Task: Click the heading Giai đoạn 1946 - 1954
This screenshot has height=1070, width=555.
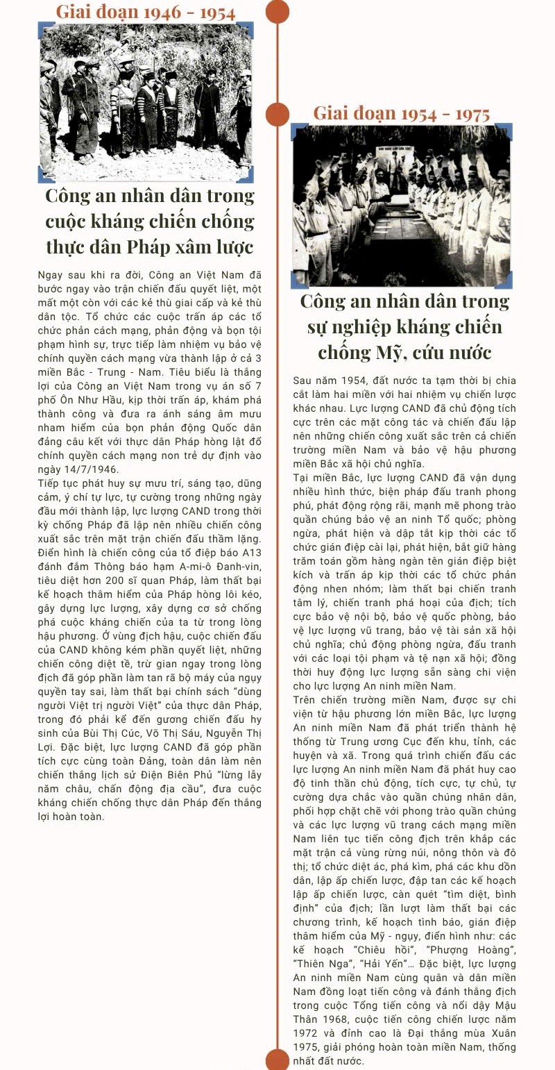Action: pyautogui.click(x=146, y=12)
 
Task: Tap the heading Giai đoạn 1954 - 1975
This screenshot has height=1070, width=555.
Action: pyautogui.click(x=402, y=113)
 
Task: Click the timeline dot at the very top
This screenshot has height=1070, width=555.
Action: pyautogui.click(x=277, y=10)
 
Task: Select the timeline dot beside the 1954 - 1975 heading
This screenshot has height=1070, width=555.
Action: pyautogui.click(x=277, y=113)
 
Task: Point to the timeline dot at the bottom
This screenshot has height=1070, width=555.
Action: pyautogui.click(x=277, y=1060)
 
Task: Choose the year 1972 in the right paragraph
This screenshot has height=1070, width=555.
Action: pyautogui.click(x=307, y=1033)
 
